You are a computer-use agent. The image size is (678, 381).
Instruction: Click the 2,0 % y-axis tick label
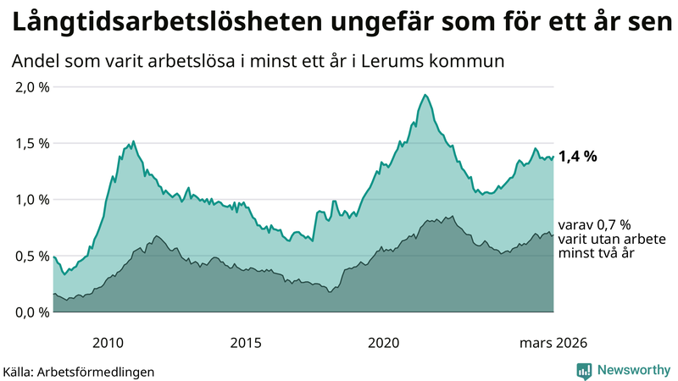click(32, 87)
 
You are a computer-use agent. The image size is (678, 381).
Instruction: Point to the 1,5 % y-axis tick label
click(32, 143)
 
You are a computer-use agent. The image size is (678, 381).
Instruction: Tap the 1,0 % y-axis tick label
click(32, 200)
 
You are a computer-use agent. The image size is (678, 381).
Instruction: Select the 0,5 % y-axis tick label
click(32, 256)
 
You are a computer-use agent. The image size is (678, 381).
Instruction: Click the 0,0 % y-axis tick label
click(32, 312)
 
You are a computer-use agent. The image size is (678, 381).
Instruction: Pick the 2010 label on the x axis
click(108, 343)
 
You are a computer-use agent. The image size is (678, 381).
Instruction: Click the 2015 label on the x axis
click(246, 343)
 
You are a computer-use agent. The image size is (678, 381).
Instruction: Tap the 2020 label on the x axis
click(383, 343)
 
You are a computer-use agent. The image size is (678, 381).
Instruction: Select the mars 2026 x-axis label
click(551, 343)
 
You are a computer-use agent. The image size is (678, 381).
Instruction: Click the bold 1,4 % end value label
click(578, 156)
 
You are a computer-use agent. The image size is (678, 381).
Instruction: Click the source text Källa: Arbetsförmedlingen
click(79, 372)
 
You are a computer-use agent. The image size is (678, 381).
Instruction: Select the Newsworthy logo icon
click(584, 370)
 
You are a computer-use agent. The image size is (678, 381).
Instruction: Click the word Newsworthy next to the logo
click(632, 370)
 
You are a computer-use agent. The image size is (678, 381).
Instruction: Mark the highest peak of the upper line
click(425, 95)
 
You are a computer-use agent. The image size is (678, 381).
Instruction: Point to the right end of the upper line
click(553, 157)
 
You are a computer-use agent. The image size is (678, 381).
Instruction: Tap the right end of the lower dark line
click(553, 235)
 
